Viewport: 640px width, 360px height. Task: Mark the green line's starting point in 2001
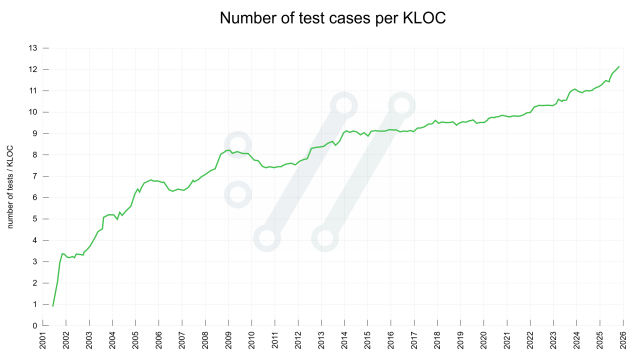[x=52, y=305]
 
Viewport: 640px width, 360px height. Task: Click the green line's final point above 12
[x=619, y=66]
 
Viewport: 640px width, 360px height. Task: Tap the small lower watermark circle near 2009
[x=238, y=194]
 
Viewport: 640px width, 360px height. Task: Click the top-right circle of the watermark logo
[x=402, y=105]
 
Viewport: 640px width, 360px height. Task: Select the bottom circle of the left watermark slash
[x=266, y=238]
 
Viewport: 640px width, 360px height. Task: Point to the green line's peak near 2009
[x=229, y=150]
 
